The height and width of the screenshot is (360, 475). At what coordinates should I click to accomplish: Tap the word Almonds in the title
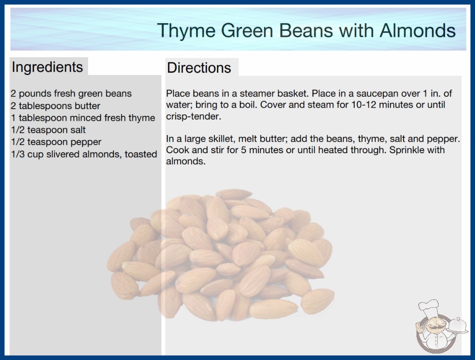(418, 30)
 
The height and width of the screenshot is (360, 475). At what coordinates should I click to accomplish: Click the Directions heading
(199, 68)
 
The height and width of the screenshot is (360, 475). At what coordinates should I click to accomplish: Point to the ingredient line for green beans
(71, 94)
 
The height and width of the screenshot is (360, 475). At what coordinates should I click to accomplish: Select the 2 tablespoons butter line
(55, 106)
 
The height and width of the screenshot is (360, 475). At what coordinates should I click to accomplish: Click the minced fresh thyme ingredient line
(83, 118)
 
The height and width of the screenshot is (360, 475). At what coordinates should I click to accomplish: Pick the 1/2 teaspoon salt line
(49, 130)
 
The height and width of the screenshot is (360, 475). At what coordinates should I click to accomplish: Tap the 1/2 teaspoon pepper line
(56, 142)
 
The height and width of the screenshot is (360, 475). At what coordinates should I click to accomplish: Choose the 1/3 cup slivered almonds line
(84, 155)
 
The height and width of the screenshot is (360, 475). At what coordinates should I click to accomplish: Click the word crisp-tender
(193, 117)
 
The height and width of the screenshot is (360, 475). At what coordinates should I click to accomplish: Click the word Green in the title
(247, 30)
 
